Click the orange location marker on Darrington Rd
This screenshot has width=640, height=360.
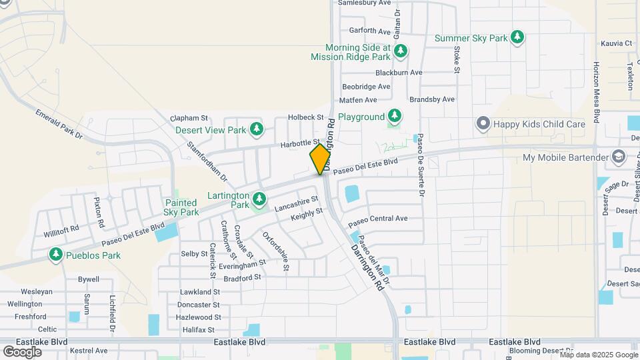click(x=320, y=159)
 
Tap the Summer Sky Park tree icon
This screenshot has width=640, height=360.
click(x=517, y=38)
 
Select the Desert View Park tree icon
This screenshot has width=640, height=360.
click(x=256, y=129)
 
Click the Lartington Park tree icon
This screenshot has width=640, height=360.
click(x=259, y=197)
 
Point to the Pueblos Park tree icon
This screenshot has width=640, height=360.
click(x=55, y=255)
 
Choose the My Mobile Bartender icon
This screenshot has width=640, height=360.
click(x=617, y=157)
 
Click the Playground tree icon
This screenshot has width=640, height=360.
click(x=395, y=117)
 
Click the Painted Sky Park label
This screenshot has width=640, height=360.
click(x=181, y=207)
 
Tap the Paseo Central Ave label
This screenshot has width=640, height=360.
click(x=377, y=219)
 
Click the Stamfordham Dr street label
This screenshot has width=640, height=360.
click(x=207, y=161)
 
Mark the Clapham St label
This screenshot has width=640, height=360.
click(x=190, y=117)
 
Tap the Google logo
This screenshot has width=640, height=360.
click(x=22, y=351)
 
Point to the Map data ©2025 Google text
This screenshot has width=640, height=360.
click(x=598, y=355)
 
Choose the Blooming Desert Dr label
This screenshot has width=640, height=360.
click(x=541, y=351)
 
